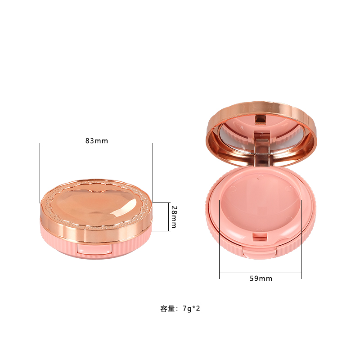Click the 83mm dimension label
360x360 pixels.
coord(97,140)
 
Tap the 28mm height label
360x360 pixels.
coord(173,216)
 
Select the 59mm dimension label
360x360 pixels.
coord(261,279)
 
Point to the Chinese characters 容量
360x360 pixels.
coord(167,309)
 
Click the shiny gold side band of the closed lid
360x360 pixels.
coord(54,220)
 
